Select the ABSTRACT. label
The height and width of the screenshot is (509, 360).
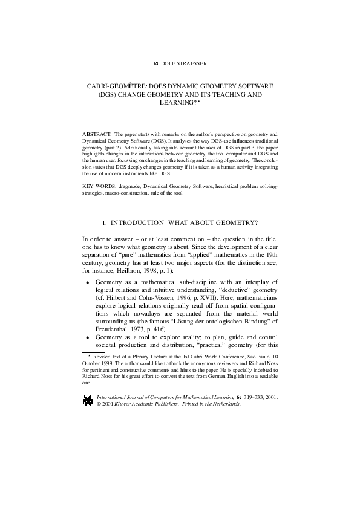pyautogui.click(x=96, y=132)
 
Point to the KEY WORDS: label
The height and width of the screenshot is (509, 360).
pyautogui.click(x=97, y=181)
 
